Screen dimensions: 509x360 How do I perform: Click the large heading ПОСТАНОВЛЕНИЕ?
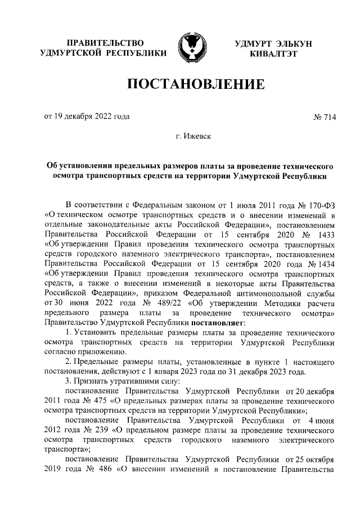(196, 84)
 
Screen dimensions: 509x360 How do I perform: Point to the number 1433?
(326, 235)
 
